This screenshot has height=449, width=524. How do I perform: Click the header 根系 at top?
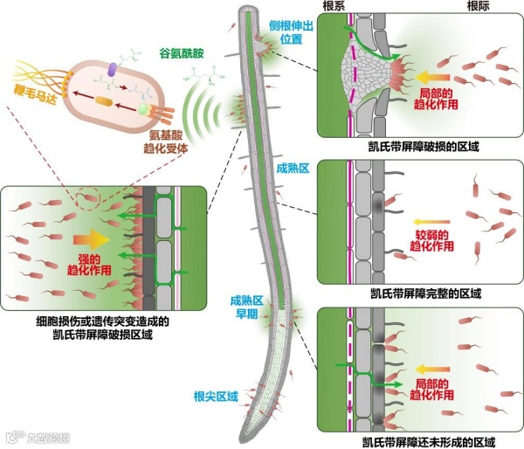[x=335, y=6]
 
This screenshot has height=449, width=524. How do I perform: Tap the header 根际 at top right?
[x=456, y=6]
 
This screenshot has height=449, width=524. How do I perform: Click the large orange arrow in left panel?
[x=88, y=237]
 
